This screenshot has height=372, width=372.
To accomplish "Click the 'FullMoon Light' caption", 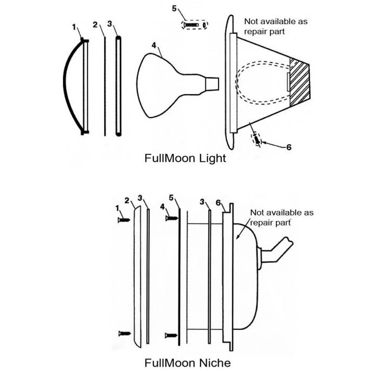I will pyautogui.click(x=185, y=158).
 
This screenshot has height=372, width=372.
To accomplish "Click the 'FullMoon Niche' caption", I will pyautogui.click(x=188, y=362).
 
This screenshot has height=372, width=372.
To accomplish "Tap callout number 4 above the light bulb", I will pyautogui.click(x=154, y=45).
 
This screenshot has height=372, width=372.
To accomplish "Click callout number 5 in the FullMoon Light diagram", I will pyautogui.click(x=174, y=8).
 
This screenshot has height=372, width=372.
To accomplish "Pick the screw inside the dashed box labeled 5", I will pyautogui.click(x=191, y=25).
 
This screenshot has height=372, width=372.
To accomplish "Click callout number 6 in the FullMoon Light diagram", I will pyautogui.click(x=288, y=147).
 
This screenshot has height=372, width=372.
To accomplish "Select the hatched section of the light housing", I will pyautogui.click(x=300, y=82).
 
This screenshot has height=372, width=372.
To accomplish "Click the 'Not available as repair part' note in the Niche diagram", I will pyautogui.click(x=281, y=217).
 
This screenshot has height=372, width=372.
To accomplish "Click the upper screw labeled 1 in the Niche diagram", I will pyautogui.click(x=125, y=220).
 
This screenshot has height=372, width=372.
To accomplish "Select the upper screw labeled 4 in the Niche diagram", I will pyautogui.click(x=171, y=218).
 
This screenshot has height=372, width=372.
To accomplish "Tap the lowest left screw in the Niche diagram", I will pyautogui.click(x=125, y=333).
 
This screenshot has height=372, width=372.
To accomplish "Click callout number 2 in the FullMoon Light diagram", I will pyautogui.click(x=95, y=25).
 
